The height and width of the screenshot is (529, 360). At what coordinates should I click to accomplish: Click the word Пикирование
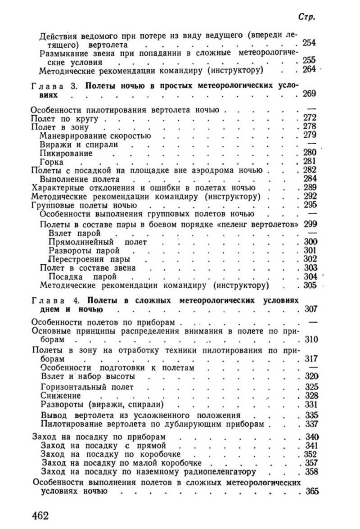66,153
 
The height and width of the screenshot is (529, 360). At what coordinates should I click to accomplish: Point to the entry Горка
51,161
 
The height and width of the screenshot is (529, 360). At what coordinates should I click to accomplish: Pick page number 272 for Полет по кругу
311,118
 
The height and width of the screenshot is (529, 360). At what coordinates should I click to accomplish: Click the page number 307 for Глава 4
311,309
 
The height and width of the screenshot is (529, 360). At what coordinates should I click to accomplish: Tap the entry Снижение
61,396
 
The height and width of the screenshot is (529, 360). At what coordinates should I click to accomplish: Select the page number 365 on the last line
312,491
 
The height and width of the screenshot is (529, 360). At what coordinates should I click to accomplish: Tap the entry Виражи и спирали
79,144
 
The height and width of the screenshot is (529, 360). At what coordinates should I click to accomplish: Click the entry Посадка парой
79,277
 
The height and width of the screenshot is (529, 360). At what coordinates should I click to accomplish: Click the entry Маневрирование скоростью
95,136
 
